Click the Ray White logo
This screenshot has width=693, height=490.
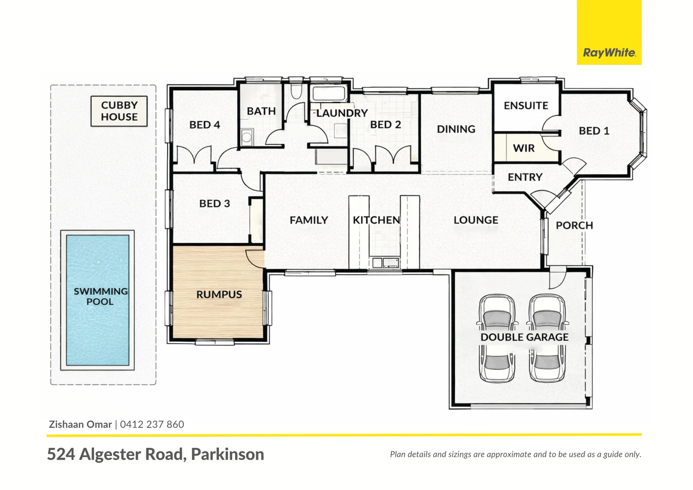coord(609,53)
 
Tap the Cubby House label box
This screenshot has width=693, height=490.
coord(119,111)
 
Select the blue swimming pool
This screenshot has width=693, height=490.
coord(98,300)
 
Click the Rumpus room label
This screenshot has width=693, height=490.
coord(219,294)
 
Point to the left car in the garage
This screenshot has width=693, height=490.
coord(498,338)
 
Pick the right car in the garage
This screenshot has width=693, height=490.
coord(547,338)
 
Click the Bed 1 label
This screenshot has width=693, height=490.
coord(594,131)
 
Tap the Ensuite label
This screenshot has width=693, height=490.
coord(526,106)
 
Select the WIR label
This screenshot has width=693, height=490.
coord(523,148)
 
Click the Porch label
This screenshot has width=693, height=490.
coord(574,225)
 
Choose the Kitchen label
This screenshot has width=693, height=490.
coord(376,220)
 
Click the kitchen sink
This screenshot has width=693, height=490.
coord(384,262)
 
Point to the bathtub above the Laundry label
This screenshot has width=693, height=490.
coord(330,94)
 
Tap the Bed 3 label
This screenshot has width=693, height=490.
coord(215,204)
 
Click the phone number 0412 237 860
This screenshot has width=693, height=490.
coord(152,425)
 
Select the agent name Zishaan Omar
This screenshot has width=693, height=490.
coord(80,425)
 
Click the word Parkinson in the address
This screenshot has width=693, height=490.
coord(227,454)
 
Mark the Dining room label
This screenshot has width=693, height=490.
coord(456,129)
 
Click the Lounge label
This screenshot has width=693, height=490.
coord(476,220)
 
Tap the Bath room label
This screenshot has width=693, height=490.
coord(261,111)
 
